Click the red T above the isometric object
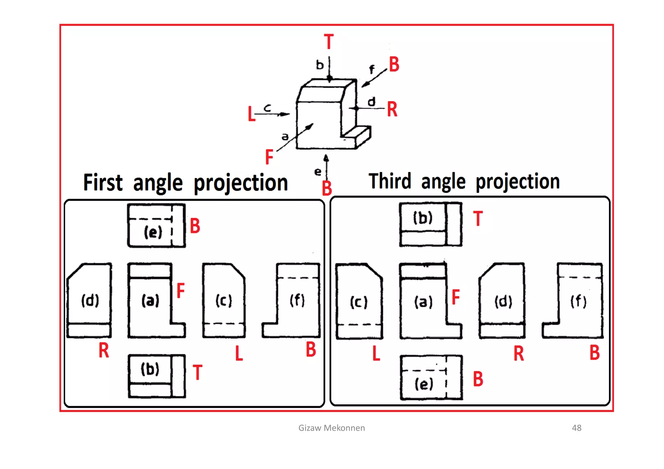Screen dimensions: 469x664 [x=329, y=42]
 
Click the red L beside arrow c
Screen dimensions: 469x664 [x=251, y=114]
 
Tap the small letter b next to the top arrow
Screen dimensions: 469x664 [x=320, y=65]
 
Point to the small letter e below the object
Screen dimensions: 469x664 [x=318, y=172]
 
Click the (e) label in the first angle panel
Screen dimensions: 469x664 [x=153, y=232]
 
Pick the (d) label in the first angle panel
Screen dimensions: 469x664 [x=90, y=300]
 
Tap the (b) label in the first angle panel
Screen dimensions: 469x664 [x=150, y=369]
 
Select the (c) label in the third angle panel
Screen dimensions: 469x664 [x=359, y=302]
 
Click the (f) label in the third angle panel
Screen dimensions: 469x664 [x=578, y=301]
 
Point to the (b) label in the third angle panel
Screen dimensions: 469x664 [x=423, y=218]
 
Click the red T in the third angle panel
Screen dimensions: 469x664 [x=478, y=218]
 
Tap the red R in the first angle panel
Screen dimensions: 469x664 [x=104, y=351]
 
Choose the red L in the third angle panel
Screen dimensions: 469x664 [x=376, y=353]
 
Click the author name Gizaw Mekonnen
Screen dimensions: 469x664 [x=331, y=428]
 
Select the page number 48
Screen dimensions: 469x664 [x=576, y=428]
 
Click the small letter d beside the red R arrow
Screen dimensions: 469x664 [x=372, y=102]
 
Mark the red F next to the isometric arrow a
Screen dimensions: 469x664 [x=269, y=157]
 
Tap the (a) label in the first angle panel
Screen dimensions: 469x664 [x=150, y=300]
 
